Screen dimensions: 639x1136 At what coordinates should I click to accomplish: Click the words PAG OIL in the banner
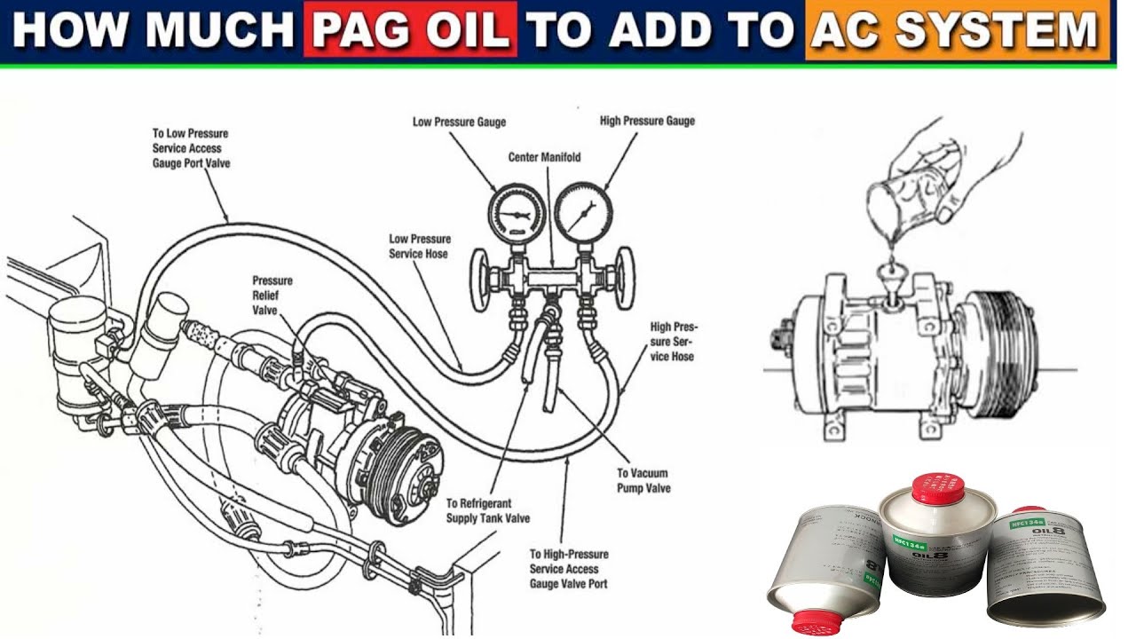[410, 31]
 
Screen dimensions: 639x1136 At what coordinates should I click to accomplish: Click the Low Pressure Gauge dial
[513, 213]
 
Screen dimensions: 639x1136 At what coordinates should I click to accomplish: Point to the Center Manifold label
[544, 157]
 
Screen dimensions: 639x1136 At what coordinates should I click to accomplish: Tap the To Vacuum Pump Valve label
[643, 481]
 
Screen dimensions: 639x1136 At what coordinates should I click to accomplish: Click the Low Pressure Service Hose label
[419, 246]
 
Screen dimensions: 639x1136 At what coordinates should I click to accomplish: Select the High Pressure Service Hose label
[672, 341]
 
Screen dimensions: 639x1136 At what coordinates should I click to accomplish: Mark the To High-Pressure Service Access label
[568, 569]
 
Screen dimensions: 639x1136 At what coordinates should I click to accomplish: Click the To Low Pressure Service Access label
[191, 148]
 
